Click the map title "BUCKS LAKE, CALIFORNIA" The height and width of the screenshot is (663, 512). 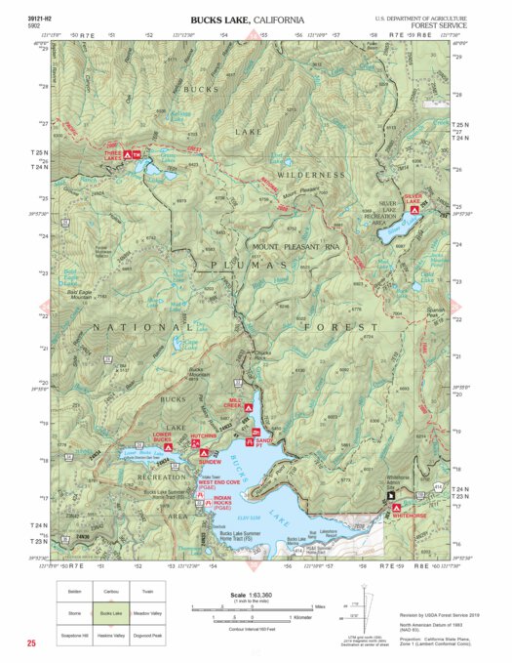point(248,20)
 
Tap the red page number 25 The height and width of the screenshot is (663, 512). point(32,643)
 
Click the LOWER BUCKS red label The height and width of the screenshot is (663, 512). point(163,435)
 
